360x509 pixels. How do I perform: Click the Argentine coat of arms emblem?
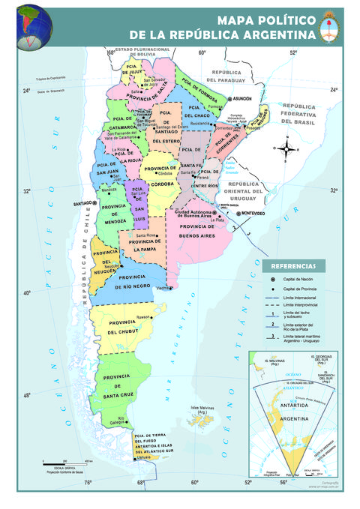(x=329, y=28)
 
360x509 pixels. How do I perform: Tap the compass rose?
(x=285, y=148)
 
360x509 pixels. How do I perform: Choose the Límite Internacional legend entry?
(x=301, y=298)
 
